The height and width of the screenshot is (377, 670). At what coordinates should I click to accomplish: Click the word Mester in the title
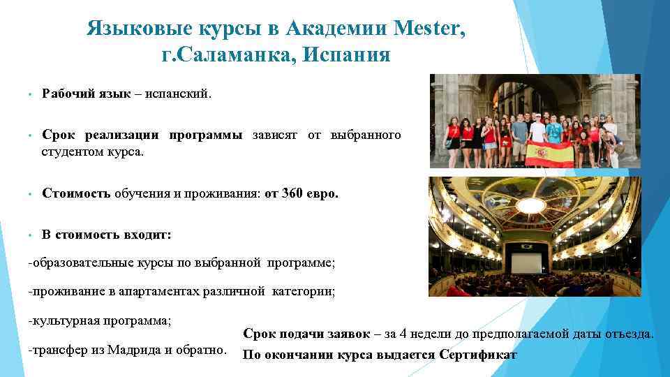(x=427, y=29)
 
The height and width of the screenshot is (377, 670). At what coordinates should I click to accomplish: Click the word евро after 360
(x=322, y=193)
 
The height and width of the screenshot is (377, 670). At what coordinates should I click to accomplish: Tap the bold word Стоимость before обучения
(x=76, y=193)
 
